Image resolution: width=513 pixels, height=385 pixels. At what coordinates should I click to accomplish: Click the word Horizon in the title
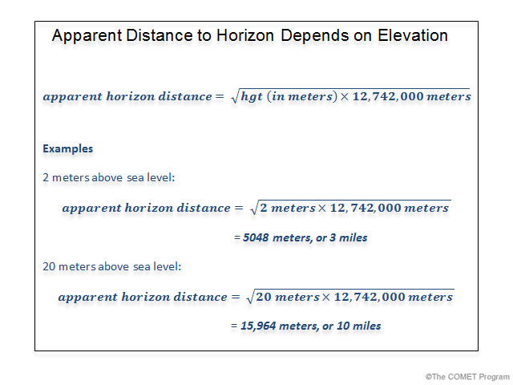point(245,36)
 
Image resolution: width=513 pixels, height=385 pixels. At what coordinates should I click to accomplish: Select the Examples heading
point(67,148)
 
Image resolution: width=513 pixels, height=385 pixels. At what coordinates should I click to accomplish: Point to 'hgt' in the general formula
point(252,96)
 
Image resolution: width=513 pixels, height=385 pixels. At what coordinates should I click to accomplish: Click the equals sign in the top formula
point(218,96)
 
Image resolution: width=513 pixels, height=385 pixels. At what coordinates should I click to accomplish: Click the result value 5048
point(259,237)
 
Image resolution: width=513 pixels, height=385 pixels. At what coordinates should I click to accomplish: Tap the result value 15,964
point(261,326)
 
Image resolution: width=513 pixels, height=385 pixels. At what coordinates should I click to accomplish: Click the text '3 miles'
point(349,237)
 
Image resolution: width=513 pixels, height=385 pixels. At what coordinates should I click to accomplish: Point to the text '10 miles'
point(357,326)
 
